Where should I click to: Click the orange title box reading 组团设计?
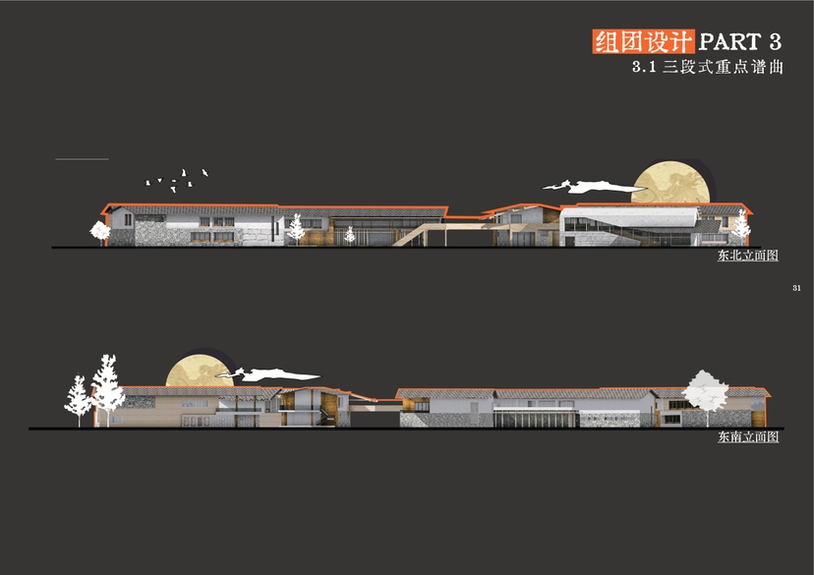[643, 42]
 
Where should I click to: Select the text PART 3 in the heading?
[740, 42]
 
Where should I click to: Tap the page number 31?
[795, 287]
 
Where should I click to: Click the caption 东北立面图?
[748, 256]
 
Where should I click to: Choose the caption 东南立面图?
[748, 436]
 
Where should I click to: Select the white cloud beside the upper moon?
[589, 185]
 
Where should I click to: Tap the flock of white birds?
[177, 179]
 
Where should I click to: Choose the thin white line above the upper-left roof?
[82, 158]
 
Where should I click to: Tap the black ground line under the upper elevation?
[393, 248]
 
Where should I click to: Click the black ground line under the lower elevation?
[393, 429]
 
